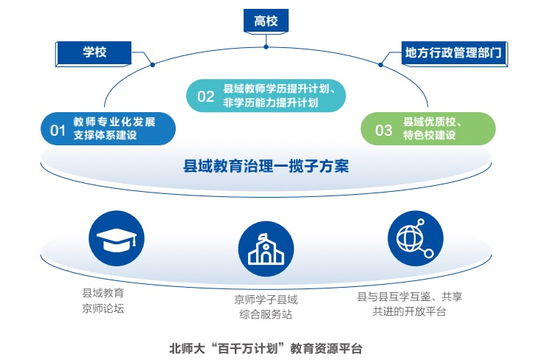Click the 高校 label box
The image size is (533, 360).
pos(266,21)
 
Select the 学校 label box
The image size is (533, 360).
pos(94,54)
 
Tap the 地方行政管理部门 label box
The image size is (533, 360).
pos(455,54)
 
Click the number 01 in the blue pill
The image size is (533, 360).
pos(58,131)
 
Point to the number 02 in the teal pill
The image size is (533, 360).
pos(206,97)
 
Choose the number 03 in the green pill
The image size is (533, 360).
pos(383,131)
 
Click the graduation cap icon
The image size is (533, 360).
pos(117,238)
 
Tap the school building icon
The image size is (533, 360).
pos(266,249)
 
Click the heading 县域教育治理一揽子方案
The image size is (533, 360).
pos(266,167)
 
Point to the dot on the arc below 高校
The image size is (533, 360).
pos(266,47)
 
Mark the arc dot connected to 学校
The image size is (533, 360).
pos(153,64)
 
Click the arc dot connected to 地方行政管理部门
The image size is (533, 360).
pos(381,64)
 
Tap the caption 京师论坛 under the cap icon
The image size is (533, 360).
pos(103,308)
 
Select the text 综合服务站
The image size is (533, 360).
pos(266,314)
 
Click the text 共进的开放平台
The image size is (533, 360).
pos(409,311)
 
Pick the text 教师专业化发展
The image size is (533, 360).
pos(114,122)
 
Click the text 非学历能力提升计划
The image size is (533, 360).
pos(271,103)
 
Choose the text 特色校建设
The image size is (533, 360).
pos(430,135)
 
